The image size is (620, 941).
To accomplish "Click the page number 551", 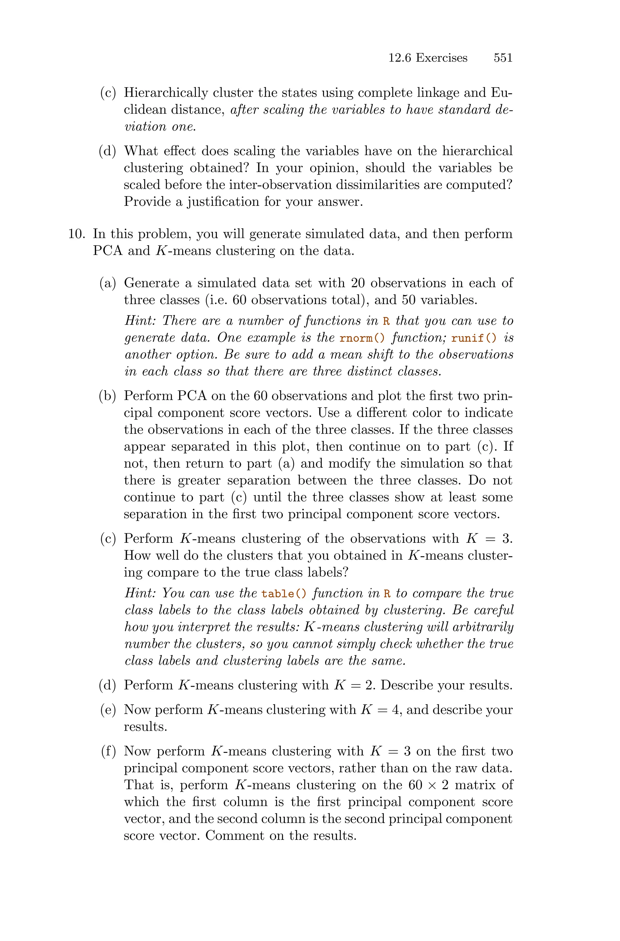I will pyautogui.click(x=503, y=58).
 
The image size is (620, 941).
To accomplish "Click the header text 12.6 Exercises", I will pyautogui.click(x=427, y=58).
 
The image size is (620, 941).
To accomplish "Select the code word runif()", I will pyautogui.click(x=473, y=338).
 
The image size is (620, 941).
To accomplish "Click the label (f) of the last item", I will pyautogui.click(x=108, y=751).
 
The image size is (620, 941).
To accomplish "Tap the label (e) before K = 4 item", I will pyautogui.click(x=108, y=710).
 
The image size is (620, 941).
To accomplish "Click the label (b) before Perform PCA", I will pyautogui.click(x=107, y=396).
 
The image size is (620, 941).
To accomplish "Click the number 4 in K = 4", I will pyautogui.click(x=395, y=710).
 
